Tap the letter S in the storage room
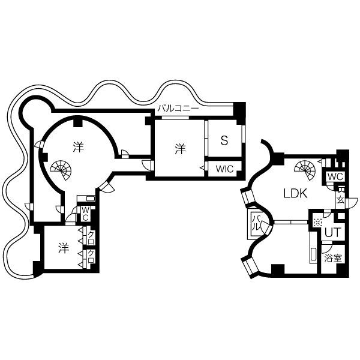(x=224, y=141)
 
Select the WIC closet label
(x=224, y=169)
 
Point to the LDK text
(x=295, y=193)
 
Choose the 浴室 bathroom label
(x=332, y=259)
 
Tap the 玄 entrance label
(x=340, y=200)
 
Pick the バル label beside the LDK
(x=256, y=224)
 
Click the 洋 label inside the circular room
(x=78, y=146)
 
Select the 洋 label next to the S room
(x=179, y=148)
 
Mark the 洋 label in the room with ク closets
(x=62, y=247)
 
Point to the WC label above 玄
(x=335, y=177)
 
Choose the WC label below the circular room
(x=86, y=213)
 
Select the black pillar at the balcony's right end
(x=239, y=110)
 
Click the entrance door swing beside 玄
(x=352, y=202)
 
